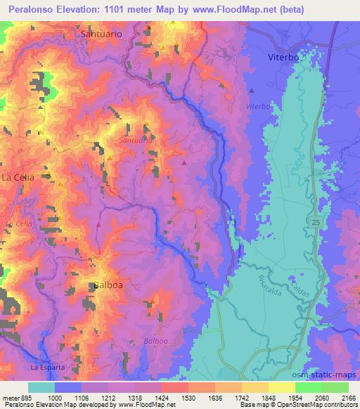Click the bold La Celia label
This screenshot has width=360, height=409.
point(19,177)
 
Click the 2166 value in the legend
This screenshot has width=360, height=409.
point(348,398)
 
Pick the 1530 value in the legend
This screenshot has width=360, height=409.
point(188,398)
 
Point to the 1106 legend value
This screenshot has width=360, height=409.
point(82,398)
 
